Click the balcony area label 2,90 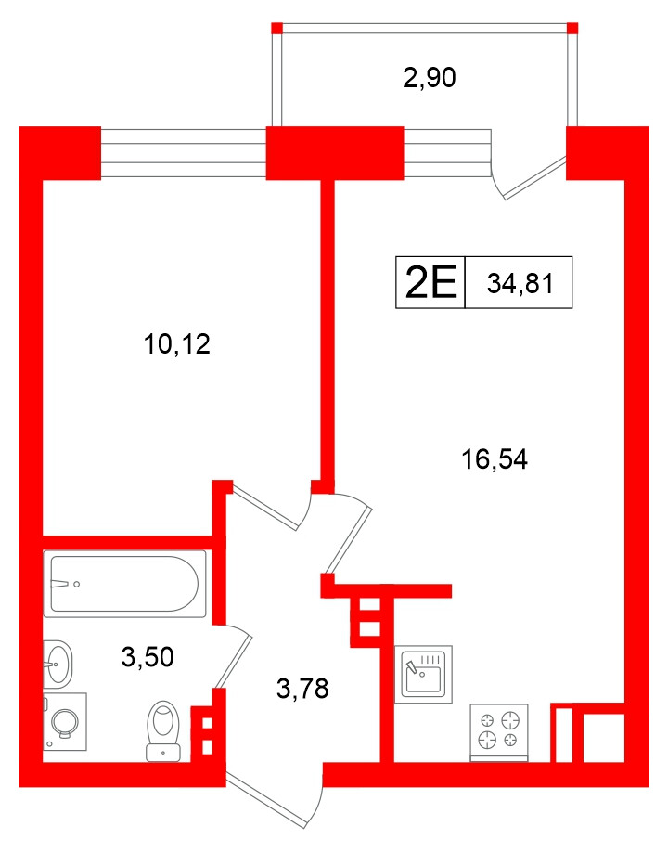click(x=430, y=78)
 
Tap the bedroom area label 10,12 click(x=176, y=344)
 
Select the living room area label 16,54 click(x=495, y=459)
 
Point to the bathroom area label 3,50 click(x=148, y=656)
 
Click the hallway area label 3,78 click(x=302, y=689)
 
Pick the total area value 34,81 click(x=520, y=284)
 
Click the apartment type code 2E click(x=430, y=282)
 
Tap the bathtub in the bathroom click(x=124, y=584)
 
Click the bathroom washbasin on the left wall click(x=58, y=664)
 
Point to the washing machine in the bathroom click(x=65, y=722)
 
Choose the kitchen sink click(x=423, y=674)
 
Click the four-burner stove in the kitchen click(x=498, y=732)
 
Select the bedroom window click(x=184, y=153)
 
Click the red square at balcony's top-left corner click(x=276, y=28)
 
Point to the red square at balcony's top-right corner click(x=572, y=28)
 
